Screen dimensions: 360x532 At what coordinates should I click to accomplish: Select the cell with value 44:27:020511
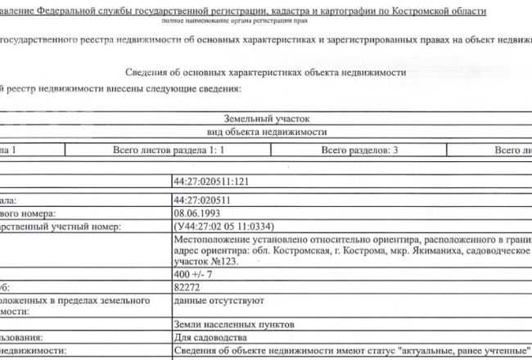pyautogui.click(x=201, y=198)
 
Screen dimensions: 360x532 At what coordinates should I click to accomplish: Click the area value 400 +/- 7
pyautogui.click(x=193, y=272)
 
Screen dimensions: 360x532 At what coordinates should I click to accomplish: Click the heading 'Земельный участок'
pyautogui.click(x=266, y=119)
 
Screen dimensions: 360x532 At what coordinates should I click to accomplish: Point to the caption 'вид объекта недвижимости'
pyautogui.click(x=266, y=132)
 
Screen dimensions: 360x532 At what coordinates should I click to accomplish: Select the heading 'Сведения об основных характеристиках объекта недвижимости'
pyautogui.click(x=267, y=72)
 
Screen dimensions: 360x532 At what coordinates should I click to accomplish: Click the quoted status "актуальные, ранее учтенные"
pyautogui.click(x=460, y=350)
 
